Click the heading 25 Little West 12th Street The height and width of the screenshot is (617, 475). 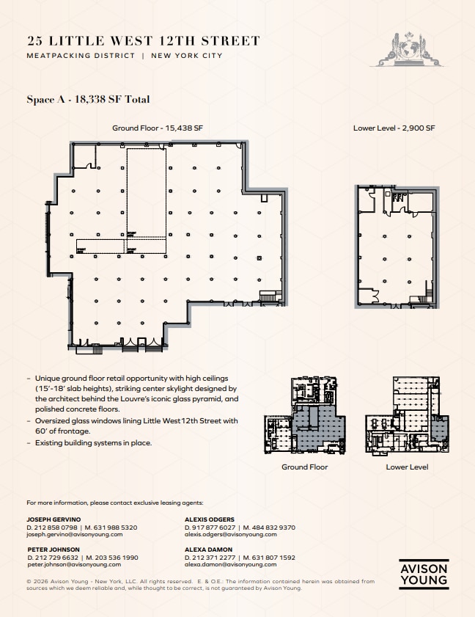pyautogui.click(x=143, y=41)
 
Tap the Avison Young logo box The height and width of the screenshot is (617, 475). pyautogui.click(x=424, y=574)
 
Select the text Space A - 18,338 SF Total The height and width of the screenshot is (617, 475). pyautogui.click(x=88, y=99)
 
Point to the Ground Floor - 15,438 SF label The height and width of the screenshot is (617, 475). pyautogui.click(x=157, y=128)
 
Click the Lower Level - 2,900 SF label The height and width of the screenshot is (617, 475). pyautogui.click(x=394, y=128)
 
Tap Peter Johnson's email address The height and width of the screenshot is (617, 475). pyautogui.click(x=74, y=565)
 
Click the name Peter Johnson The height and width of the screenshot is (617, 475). pyautogui.click(x=54, y=549)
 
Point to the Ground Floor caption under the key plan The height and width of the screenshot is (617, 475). pyautogui.click(x=304, y=467)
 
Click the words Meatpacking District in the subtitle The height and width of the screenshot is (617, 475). pyautogui.click(x=81, y=56)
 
